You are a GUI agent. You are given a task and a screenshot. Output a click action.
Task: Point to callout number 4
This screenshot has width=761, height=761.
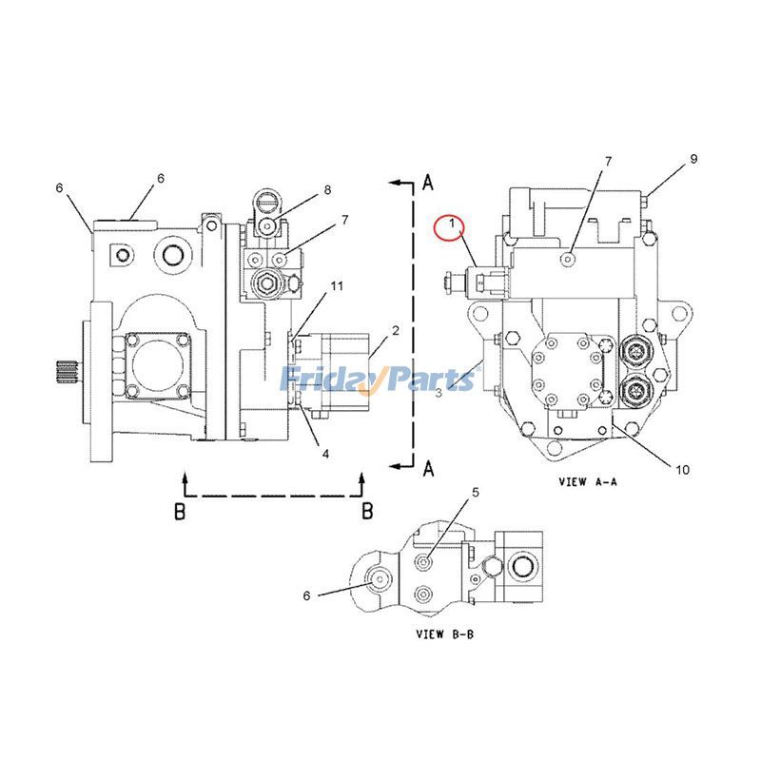(x=325, y=454)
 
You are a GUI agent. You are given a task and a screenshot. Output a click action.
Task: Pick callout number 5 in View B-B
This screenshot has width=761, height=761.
(x=476, y=492)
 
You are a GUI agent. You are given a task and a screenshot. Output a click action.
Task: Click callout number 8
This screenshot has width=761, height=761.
(x=327, y=190)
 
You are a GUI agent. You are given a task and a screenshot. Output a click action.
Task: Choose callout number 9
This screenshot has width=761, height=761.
(x=694, y=158)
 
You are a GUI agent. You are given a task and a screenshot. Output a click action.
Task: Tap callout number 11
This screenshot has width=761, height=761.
(x=336, y=285)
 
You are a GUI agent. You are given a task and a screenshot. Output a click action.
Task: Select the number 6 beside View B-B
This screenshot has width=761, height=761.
(x=307, y=595)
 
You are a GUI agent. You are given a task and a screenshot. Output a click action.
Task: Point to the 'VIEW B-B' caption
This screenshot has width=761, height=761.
(x=445, y=633)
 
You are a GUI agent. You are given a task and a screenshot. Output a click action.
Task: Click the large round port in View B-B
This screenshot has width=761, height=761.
(x=522, y=569)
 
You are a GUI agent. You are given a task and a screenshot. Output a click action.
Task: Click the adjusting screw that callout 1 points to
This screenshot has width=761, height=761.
(x=456, y=282)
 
